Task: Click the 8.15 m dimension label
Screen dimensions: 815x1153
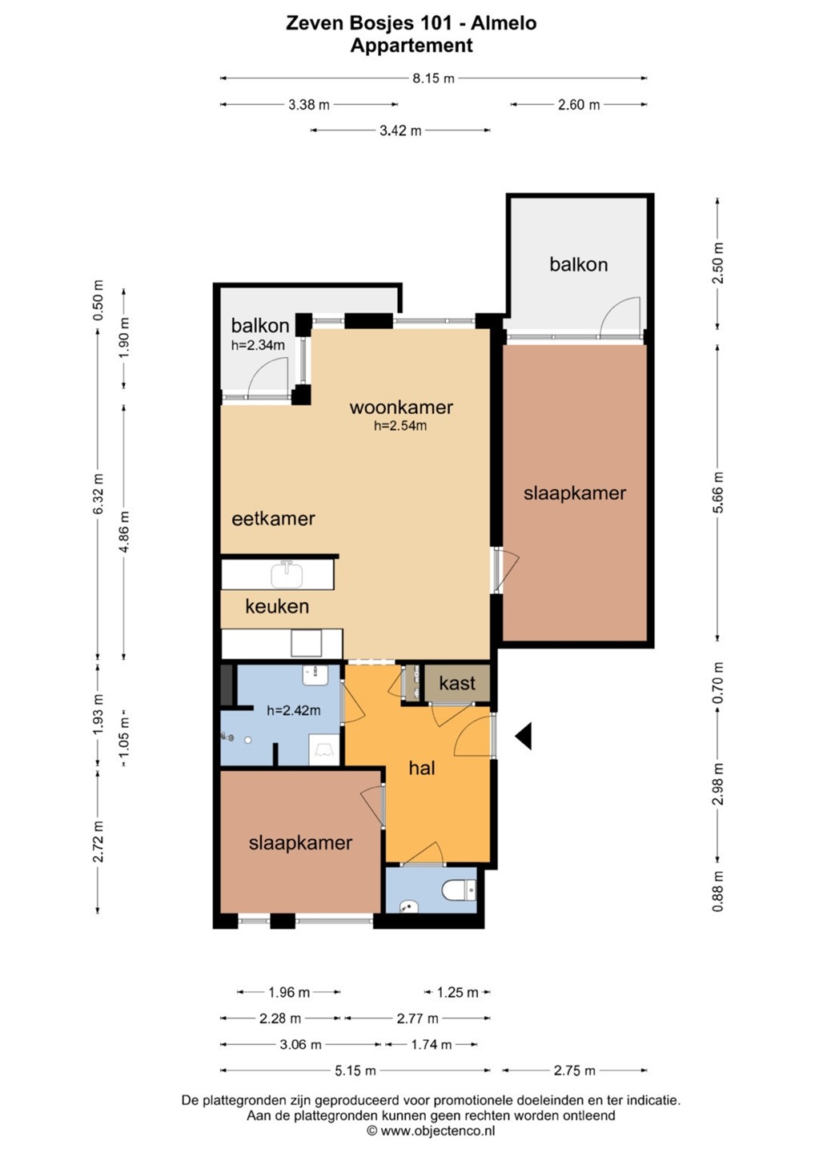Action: (433, 78)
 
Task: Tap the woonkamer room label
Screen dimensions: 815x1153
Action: (401, 407)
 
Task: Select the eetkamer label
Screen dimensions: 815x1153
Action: (273, 518)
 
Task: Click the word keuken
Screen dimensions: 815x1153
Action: (277, 606)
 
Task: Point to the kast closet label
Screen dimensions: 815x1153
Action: (457, 683)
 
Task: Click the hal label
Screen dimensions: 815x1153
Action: (422, 768)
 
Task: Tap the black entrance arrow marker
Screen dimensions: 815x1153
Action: (524, 736)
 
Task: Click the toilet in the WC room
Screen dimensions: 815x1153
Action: (460, 890)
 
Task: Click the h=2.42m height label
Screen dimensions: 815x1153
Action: (293, 710)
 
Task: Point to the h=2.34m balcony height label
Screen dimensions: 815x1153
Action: (258, 345)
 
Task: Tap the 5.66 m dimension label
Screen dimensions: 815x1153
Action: (719, 492)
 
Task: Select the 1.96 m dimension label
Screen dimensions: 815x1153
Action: (289, 992)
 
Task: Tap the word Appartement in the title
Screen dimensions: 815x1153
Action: (411, 46)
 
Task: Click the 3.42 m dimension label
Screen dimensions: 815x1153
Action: (400, 131)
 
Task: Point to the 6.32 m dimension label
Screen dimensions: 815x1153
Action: (98, 492)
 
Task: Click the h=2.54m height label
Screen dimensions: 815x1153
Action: (400, 426)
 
